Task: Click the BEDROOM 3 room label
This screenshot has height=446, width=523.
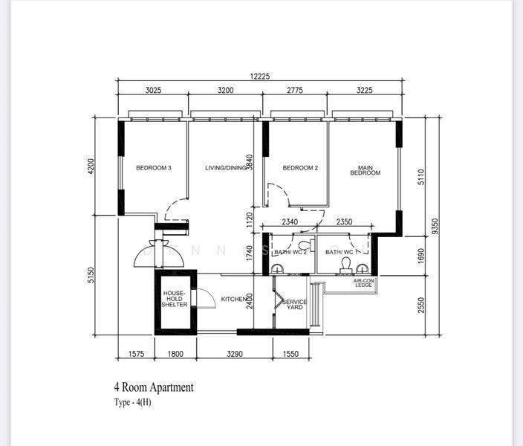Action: [x=154, y=168]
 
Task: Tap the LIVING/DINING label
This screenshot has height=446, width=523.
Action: [x=225, y=168]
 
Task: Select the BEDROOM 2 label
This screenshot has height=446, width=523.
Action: [x=300, y=168]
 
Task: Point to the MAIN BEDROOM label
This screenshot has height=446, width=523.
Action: [x=365, y=170]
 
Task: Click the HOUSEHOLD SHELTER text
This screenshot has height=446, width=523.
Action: [x=175, y=299]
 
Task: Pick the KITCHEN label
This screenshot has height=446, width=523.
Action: [x=234, y=299]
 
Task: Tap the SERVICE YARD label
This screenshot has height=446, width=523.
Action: [x=295, y=304]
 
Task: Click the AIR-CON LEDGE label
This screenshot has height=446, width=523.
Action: [x=363, y=282]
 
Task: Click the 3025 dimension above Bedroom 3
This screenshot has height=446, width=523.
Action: [x=153, y=90]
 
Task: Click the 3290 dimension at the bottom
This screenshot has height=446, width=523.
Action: [x=233, y=354]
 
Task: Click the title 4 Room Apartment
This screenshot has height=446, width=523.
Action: [x=154, y=387]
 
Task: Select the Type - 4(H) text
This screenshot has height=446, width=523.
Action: [x=132, y=402]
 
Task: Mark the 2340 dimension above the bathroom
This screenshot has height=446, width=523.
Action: [x=290, y=222]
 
